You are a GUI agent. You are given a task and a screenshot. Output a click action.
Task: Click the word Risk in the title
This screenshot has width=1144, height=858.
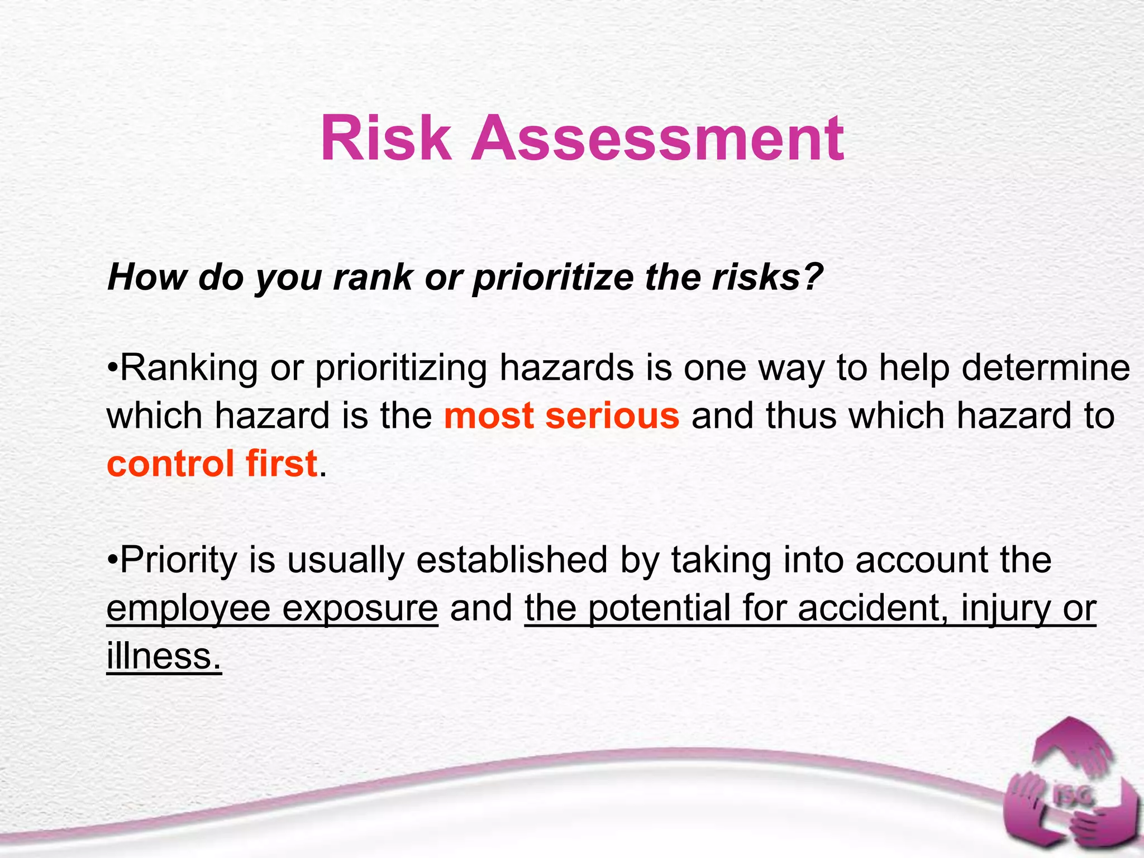pyautogui.click(x=385, y=138)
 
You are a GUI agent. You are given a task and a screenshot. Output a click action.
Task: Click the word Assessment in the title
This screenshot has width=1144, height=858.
pyautogui.click(x=657, y=138)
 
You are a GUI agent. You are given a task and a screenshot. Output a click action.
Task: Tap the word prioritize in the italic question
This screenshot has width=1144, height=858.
pyautogui.click(x=552, y=278)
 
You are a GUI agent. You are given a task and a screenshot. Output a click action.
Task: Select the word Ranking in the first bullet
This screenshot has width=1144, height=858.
pyautogui.click(x=189, y=369)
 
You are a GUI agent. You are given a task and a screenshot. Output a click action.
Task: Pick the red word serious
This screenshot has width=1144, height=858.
pyautogui.click(x=612, y=416)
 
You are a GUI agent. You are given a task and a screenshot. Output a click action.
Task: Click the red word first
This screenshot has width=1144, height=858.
pyautogui.click(x=282, y=464)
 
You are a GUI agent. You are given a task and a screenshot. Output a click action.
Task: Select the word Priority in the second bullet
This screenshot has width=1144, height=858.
pyautogui.click(x=179, y=560)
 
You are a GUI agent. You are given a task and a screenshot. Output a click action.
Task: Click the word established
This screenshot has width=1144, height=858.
pyautogui.click(x=512, y=560)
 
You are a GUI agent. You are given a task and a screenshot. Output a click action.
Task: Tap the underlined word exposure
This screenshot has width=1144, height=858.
pyautogui.click(x=360, y=609)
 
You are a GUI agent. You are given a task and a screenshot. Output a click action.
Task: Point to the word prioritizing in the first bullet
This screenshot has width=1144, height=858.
pyautogui.click(x=401, y=369)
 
